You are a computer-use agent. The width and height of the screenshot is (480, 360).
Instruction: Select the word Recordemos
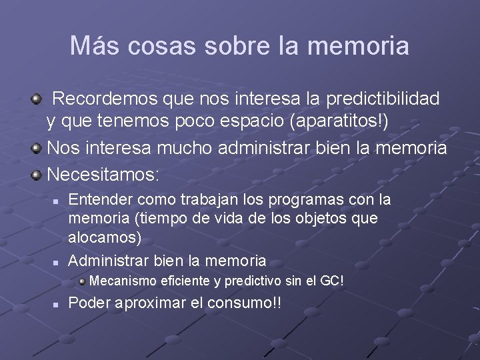(104, 99)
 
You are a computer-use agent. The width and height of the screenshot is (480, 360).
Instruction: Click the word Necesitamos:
(103, 175)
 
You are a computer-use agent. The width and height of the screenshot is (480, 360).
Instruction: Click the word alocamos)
(105, 237)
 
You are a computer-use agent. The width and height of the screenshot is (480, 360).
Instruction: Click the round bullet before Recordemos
(37, 100)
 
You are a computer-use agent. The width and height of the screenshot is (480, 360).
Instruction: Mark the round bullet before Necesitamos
(37, 175)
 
